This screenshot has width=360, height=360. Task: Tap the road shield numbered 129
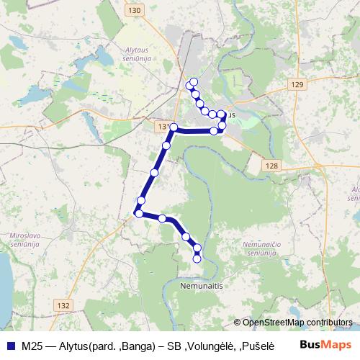298,85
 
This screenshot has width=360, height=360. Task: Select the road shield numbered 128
271,166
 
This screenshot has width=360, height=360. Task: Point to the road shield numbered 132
63,305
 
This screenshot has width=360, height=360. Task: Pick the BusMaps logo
325,345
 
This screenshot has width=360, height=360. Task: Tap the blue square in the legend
10,345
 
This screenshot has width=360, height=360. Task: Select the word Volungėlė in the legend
211,345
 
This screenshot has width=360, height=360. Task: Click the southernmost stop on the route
198,258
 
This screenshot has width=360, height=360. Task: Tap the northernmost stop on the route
194,80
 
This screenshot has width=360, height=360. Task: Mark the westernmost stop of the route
138,212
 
